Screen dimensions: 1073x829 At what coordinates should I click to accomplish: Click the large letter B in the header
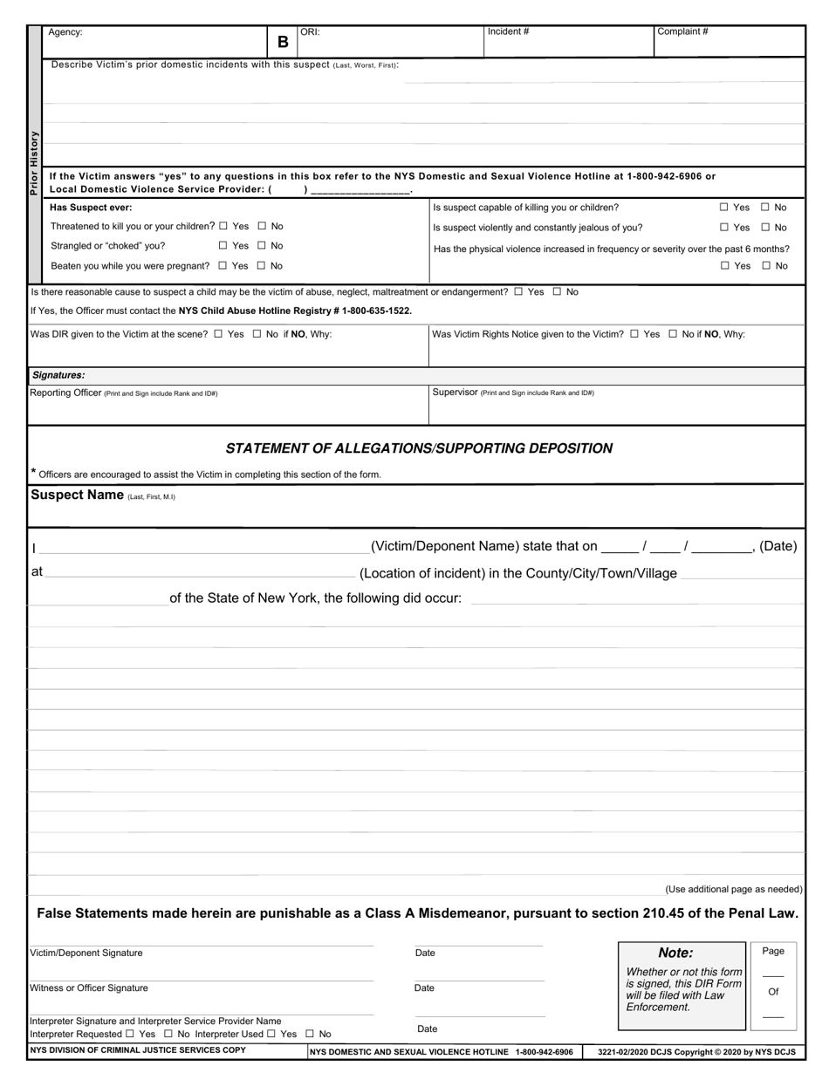tap(283, 42)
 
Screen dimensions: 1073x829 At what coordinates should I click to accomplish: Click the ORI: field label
tap(310, 31)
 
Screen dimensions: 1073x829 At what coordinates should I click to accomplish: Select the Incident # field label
tap(508, 31)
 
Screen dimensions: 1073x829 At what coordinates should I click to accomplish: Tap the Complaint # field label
tap(682, 31)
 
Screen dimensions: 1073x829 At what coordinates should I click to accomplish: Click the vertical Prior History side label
tap(34, 162)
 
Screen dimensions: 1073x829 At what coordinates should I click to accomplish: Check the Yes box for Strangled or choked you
tap(223, 246)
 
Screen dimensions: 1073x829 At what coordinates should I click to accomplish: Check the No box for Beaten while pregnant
tap(263, 266)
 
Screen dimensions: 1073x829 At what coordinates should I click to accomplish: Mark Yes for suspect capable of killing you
tap(724, 208)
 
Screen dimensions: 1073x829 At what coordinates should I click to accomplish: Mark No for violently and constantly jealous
tap(765, 228)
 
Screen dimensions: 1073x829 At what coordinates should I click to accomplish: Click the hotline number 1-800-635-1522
tap(377, 311)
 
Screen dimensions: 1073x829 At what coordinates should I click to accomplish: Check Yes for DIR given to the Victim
tap(218, 334)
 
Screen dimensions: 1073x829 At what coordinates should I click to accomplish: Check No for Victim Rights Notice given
tap(673, 334)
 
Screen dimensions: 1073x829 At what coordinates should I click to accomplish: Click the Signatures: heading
tap(58, 375)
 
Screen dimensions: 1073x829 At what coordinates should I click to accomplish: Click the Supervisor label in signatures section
tap(454, 393)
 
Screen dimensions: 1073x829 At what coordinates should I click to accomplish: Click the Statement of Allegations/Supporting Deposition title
tap(419, 448)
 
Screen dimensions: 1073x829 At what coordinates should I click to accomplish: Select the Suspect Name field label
tap(77, 495)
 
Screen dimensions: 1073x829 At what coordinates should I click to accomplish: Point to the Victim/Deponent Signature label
tap(86, 953)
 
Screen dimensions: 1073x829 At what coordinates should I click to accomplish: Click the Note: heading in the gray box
tap(675, 953)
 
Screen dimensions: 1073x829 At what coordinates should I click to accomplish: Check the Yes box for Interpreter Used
tap(271, 1034)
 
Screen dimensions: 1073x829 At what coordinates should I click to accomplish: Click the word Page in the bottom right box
tap(772, 951)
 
